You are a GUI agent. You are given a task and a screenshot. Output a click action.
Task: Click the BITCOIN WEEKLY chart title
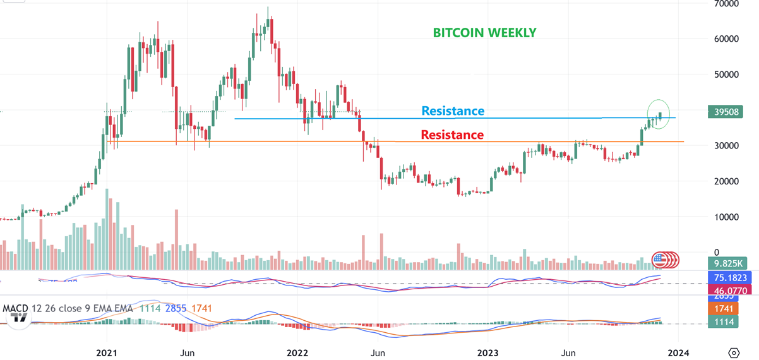click(x=484, y=33)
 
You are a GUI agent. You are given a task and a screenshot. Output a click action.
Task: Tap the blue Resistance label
click(x=453, y=111)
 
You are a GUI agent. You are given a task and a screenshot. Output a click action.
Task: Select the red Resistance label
click(x=452, y=135)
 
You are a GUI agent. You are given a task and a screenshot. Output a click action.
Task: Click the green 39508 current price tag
click(x=725, y=112)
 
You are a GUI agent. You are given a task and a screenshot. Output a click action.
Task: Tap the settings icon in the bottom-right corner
click(x=734, y=352)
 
